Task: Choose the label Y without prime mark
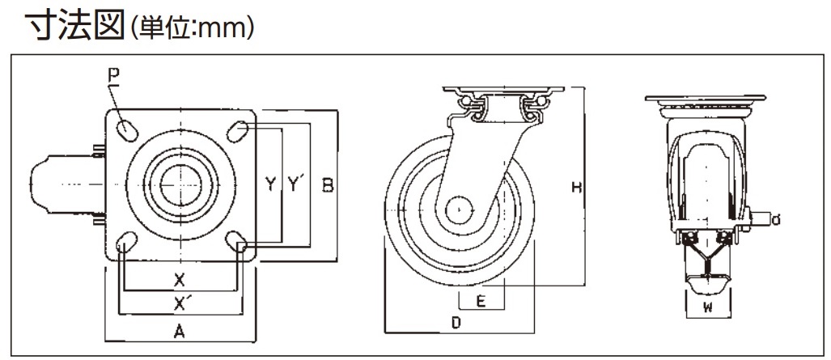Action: pos(269,185)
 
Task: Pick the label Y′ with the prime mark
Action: pos(295,185)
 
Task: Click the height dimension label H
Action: pos(577,188)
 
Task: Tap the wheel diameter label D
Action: pos(456,324)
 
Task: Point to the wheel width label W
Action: pos(706,307)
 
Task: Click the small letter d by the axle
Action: pos(776,219)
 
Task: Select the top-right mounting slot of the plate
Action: pos(237,129)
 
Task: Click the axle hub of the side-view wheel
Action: pos(459,208)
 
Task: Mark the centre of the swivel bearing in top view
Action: pos(181,185)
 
